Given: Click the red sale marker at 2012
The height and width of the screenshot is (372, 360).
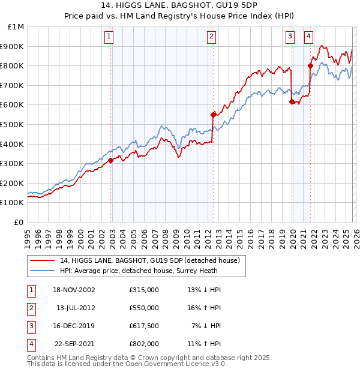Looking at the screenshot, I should point(213,114).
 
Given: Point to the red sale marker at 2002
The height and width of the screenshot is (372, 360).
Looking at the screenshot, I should point(111,160).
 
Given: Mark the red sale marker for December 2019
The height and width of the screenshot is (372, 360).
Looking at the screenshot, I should point(292,101).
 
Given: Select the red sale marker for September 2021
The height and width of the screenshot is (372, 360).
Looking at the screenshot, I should point(310,65).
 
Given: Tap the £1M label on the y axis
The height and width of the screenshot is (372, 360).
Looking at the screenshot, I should point(17,26).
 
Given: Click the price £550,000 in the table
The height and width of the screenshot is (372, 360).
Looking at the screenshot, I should point(144,308).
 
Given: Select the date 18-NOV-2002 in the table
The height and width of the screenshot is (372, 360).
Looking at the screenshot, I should point(74,290).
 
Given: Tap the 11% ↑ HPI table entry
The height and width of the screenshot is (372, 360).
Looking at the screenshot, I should point(204,344).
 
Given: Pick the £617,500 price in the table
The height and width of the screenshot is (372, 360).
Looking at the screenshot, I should point(144,326).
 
